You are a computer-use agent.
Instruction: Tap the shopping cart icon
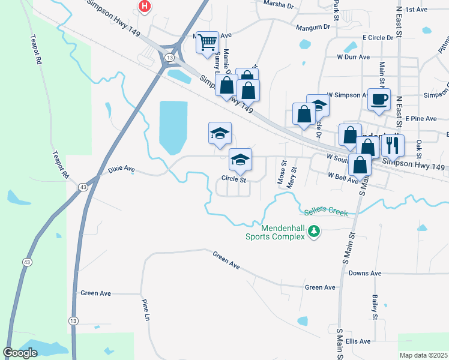click(x=207, y=43)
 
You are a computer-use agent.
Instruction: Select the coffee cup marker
click(x=379, y=98)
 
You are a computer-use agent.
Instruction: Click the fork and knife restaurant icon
click(x=393, y=144)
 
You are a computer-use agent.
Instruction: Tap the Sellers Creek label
click(x=325, y=210)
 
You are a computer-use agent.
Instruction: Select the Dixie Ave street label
click(x=122, y=170)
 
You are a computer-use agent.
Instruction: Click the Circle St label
click(x=234, y=179)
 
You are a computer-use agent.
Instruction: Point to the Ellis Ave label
click(x=358, y=341)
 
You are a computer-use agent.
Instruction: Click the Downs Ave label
click(x=365, y=274)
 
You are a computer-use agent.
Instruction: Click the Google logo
click(x=20, y=352)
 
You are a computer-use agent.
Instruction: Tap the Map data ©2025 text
click(x=423, y=355)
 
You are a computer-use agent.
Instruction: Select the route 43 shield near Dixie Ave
click(x=82, y=188)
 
